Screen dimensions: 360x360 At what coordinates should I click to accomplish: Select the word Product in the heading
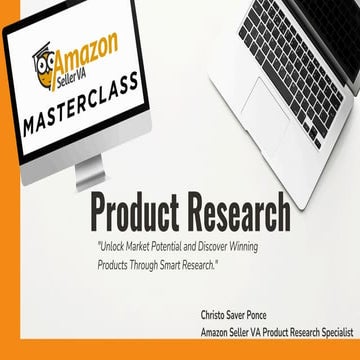[140, 213]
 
